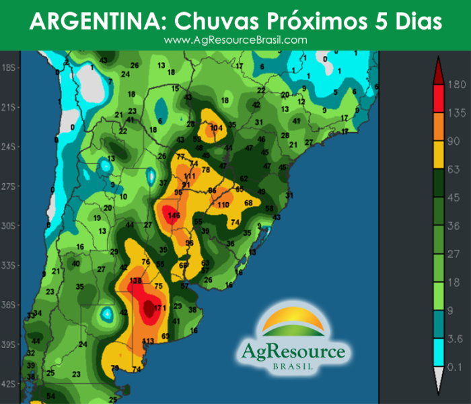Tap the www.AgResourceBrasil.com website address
coord(235,40)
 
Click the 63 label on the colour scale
coord(454,169)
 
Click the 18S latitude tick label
coord(11,68)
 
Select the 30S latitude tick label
coord(11,226)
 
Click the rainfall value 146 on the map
coord(174,215)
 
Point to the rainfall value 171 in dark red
coord(159,308)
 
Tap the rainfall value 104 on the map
coord(216,128)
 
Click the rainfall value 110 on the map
coord(223,204)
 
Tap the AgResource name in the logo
coord(293,351)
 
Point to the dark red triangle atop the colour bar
coord(437,66)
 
